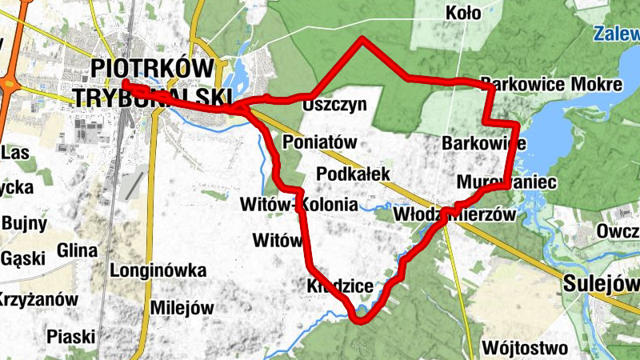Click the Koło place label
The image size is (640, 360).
(464, 13)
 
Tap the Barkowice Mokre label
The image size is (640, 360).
(551, 84)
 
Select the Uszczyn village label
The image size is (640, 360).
(334, 104)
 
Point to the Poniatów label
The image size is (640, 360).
(319, 142)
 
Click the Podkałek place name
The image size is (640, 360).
(353, 174)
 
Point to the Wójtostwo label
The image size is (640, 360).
(526, 348)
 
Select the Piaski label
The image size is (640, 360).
(71, 335)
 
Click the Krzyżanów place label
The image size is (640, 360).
(38, 300)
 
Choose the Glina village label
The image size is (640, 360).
(78, 251)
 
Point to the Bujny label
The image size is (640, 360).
(25, 223)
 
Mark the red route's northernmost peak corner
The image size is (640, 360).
(362, 38)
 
